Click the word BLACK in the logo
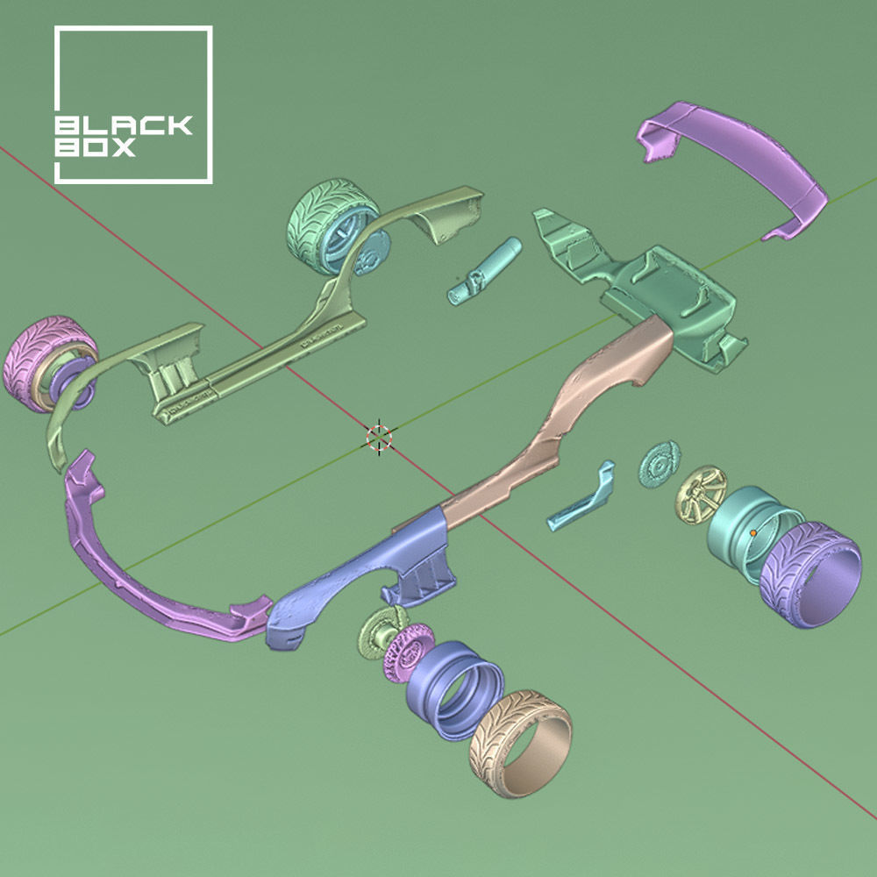[x=123, y=125]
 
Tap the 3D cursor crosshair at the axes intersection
[x=378, y=436]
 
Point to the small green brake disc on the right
[x=659, y=461]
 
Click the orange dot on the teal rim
[x=752, y=532]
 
